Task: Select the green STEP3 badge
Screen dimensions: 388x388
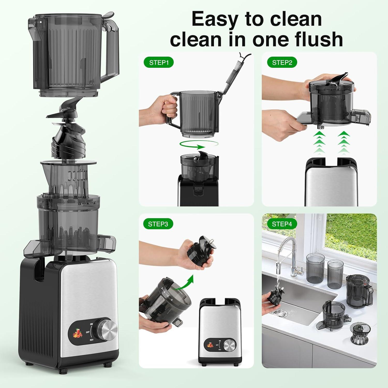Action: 158,224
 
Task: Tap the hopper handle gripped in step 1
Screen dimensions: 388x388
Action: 172,108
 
